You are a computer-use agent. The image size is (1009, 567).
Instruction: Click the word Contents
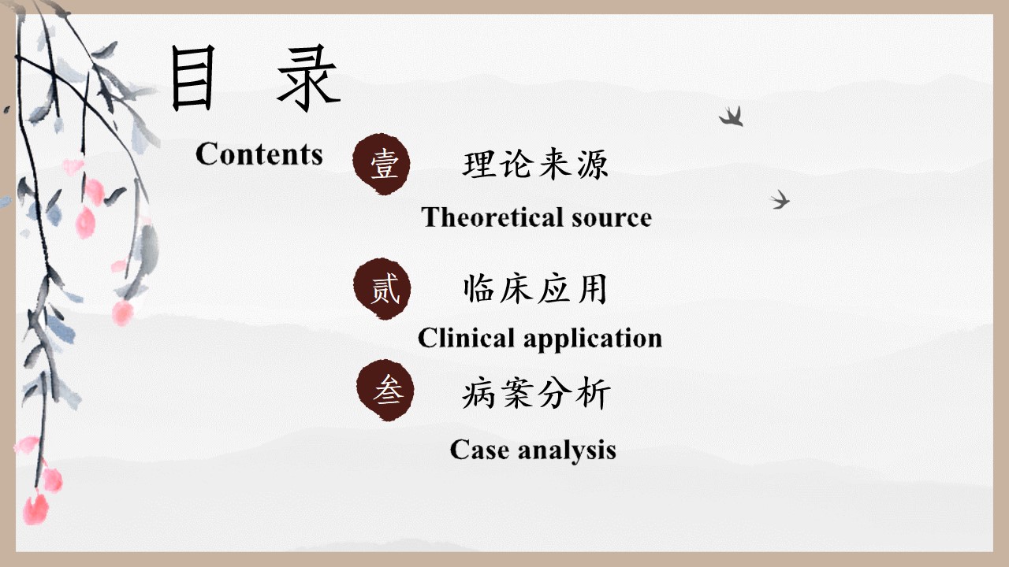tap(259, 154)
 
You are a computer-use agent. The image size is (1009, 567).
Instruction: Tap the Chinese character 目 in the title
tap(193, 77)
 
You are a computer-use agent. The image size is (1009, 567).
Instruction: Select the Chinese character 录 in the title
tap(309, 77)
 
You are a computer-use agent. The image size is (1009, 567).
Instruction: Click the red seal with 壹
tap(382, 164)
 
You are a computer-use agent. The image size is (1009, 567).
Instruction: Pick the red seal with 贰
tap(382, 288)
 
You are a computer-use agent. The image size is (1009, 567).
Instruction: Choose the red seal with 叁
tap(385, 390)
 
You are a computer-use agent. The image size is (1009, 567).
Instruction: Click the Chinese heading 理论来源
tap(535, 164)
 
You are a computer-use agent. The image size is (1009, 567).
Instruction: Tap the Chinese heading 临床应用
tap(535, 288)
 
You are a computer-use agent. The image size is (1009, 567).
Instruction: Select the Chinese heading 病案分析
tap(536, 393)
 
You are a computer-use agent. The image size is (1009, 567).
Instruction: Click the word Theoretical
tap(493, 217)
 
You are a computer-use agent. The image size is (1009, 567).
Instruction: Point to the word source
tap(612, 219)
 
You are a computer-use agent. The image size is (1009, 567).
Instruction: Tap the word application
tap(593, 339)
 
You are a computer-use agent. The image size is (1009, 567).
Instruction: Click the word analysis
tap(567, 451)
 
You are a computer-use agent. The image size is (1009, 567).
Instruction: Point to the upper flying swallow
tap(732, 117)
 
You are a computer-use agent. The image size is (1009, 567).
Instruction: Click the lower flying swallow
tap(780, 199)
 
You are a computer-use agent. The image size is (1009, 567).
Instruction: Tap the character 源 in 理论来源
tap(593, 164)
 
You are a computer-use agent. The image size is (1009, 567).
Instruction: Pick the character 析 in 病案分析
tap(595, 393)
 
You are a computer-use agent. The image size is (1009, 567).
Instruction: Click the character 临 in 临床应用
tap(478, 288)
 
